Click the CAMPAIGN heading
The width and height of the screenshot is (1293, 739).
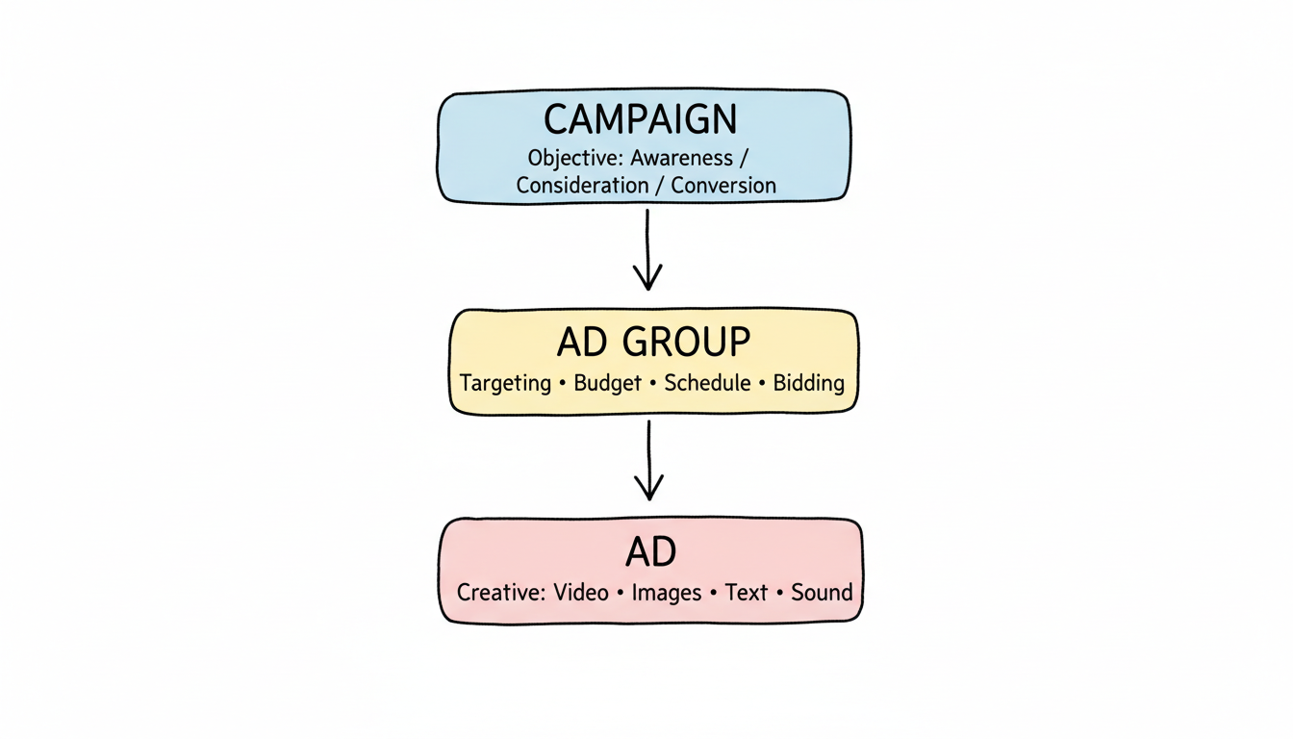coord(640,119)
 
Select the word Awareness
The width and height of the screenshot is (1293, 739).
coord(681,158)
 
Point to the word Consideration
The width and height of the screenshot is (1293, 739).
coord(582,186)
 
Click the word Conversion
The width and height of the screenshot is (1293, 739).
coord(723,186)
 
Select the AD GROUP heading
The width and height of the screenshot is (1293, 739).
coord(653,342)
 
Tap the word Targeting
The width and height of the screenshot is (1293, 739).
coord(505,383)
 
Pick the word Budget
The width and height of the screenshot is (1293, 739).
coord(607,383)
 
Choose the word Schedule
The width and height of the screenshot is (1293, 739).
coord(707,383)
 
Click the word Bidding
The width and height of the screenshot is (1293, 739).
coord(808,383)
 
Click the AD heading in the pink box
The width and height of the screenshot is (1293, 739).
coord(650,552)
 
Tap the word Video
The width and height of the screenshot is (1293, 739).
coord(581,592)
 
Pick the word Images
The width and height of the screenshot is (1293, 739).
coord(667,593)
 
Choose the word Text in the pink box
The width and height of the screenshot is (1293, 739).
coord(747,592)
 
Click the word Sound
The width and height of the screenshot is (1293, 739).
coord(822,592)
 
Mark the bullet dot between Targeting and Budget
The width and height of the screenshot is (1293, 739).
coord(561,384)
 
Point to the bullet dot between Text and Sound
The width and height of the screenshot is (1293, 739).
coord(779,593)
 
